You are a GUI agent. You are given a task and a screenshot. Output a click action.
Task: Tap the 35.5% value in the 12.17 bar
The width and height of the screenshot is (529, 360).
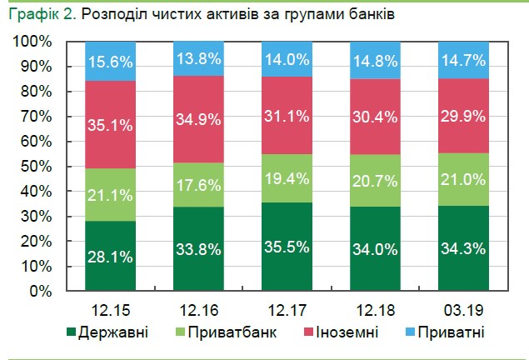coord(286,247)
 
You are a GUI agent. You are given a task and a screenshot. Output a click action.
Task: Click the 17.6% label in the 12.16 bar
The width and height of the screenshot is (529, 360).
coord(197,186)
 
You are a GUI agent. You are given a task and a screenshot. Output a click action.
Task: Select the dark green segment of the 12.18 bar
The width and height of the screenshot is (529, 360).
coord(373,250)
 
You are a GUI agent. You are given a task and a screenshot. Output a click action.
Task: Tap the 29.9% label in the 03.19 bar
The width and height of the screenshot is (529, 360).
coord(462,116)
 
